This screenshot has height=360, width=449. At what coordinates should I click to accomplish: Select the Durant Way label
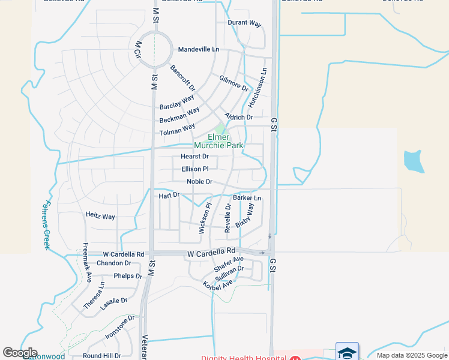(244, 23)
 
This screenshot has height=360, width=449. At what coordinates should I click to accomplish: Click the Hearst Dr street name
(194, 157)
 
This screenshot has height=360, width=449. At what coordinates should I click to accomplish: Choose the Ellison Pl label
(195, 169)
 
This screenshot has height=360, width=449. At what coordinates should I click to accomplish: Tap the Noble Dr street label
(199, 182)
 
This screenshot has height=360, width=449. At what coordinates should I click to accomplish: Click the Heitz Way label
(100, 216)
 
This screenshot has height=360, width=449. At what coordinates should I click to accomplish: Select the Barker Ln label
(247, 197)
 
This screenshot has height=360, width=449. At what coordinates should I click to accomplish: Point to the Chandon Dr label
(113, 263)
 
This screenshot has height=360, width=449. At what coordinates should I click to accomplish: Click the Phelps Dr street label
(128, 276)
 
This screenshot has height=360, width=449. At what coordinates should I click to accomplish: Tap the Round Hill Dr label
(102, 356)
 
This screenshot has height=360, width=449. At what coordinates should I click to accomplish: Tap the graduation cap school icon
(347, 352)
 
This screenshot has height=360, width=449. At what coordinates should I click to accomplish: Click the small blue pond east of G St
(414, 161)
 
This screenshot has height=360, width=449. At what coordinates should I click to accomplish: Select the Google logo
(20, 353)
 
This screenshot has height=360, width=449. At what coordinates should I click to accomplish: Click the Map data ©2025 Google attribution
(412, 355)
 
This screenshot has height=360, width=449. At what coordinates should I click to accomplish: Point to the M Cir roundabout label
(137, 49)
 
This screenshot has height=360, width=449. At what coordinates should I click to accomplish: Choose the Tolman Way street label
(177, 130)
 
